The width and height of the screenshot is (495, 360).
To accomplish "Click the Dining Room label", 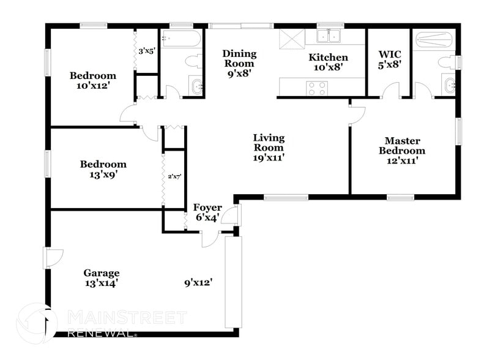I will tap(239, 62).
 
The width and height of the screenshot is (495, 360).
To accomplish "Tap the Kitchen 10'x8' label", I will tap(328, 62).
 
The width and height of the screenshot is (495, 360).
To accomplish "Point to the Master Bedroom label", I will tap(401, 151).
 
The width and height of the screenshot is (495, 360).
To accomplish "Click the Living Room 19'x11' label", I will tap(269, 147).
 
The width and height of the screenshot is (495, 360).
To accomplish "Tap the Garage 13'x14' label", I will tap(102, 278).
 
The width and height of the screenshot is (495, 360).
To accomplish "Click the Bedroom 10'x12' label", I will tap(92, 81).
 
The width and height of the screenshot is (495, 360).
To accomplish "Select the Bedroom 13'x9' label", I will tap(103, 169).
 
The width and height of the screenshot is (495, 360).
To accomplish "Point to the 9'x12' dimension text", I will tap(198, 283).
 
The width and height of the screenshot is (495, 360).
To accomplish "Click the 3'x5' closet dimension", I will tap(147, 51).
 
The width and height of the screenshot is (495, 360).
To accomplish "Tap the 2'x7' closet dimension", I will tap(174, 177).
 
